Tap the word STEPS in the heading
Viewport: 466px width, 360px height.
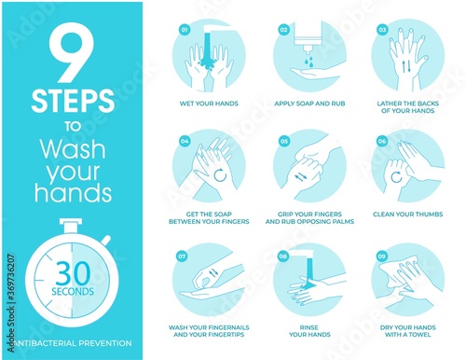pyautogui.click(x=73, y=101)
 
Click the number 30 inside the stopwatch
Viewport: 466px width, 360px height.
pyautogui.click(x=73, y=273)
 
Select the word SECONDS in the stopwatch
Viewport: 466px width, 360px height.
pyautogui.click(x=73, y=292)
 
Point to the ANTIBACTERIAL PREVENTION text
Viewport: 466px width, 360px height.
pyautogui.click(x=73, y=343)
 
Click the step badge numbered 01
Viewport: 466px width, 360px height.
pyautogui.click(x=185, y=30)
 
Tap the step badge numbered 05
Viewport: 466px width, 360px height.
pyautogui.click(x=284, y=142)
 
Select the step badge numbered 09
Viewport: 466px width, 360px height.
pyautogui.click(x=381, y=256)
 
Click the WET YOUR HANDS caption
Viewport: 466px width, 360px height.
pyautogui.click(x=209, y=104)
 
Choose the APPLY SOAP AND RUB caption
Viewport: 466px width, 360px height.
pyautogui.click(x=309, y=104)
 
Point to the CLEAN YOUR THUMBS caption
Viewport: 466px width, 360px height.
pyautogui.click(x=407, y=215)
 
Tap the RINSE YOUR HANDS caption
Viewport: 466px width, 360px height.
pyautogui.click(x=309, y=331)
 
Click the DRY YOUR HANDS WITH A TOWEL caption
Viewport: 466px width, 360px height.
pyautogui.click(x=407, y=331)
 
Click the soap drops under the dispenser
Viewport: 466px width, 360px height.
pyautogui.click(x=308, y=61)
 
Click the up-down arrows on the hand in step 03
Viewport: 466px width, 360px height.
pyautogui.click(x=406, y=66)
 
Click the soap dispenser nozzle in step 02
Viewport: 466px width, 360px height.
pyautogui.click(x=308, y=49)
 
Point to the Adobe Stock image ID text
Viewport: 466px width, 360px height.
pyautogui.click(x=11, y=303)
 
